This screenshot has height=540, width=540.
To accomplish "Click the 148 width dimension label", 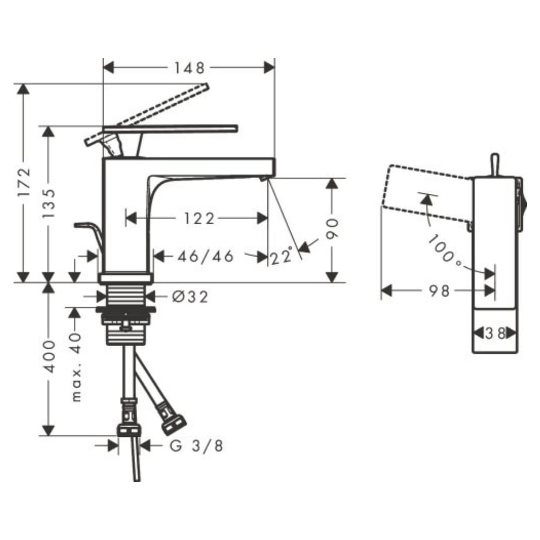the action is [x=189, y=68].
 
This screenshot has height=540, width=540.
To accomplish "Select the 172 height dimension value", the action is [x=24, y=183].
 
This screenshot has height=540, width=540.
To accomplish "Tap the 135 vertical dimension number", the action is [x=49, y=204].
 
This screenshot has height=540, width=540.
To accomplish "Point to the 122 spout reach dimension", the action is [x=199, y=218].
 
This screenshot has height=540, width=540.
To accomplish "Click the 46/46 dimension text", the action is [x=206, y=256].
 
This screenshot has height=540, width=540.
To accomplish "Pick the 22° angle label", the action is [x=281, y=256].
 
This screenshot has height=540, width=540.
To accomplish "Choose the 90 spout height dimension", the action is [x=332, y=228].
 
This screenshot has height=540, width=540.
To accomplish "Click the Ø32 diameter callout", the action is [x=190, y=297].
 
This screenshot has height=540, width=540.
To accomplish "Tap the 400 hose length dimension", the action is [x=49, y=357].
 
